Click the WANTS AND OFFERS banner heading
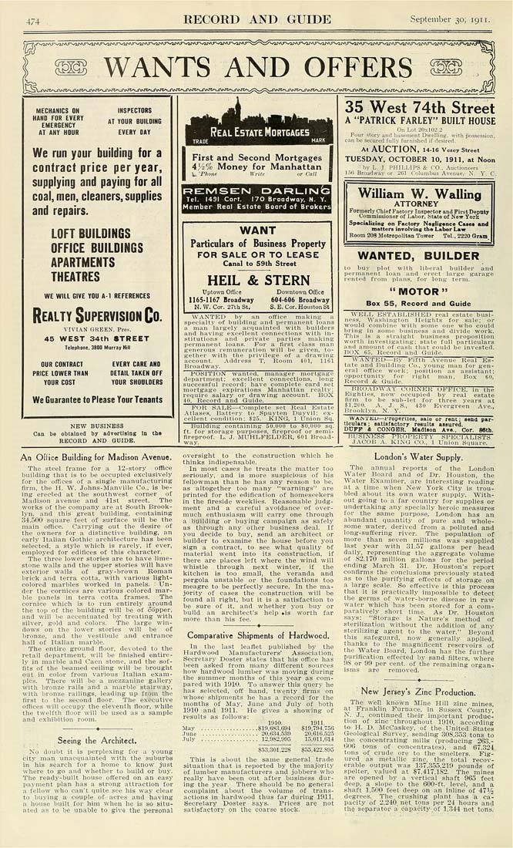pyautogui.click(x=258, y=66)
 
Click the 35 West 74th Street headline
pyautogui.click(x=420, y=107)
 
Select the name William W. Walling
pyautogui.click(x=420, y=193)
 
